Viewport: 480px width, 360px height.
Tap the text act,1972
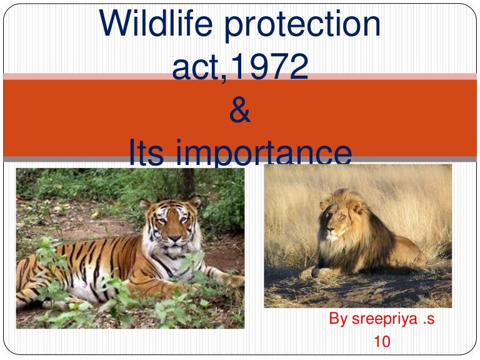[240, 67]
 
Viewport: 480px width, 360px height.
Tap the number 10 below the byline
[381, 342]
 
